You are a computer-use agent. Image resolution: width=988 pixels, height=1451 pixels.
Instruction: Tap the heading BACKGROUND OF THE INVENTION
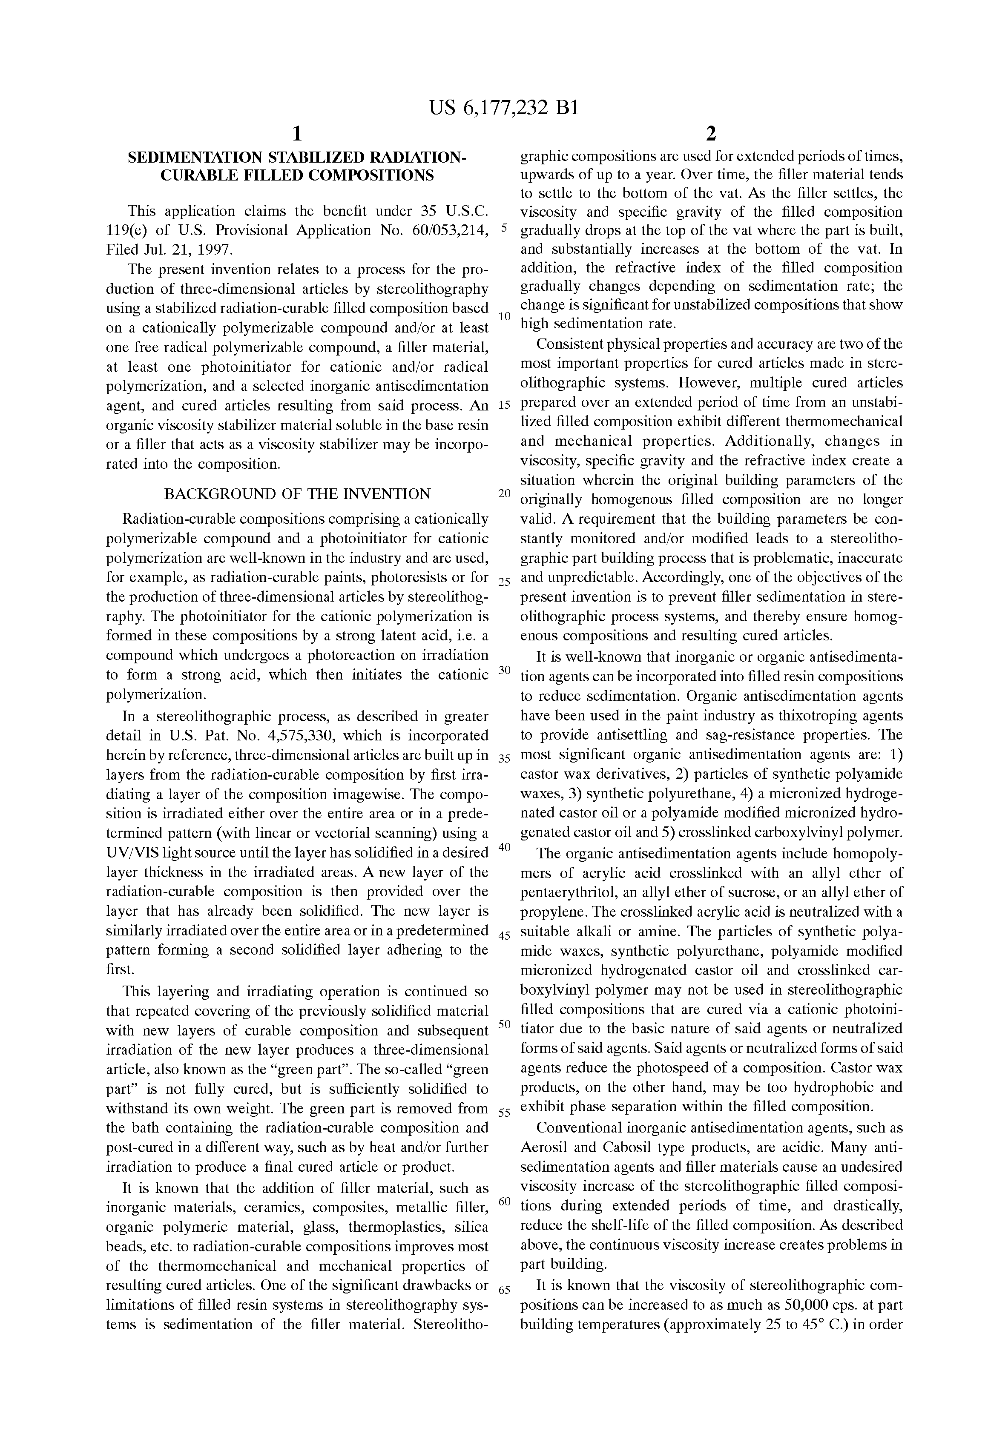(x=297, y=494)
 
